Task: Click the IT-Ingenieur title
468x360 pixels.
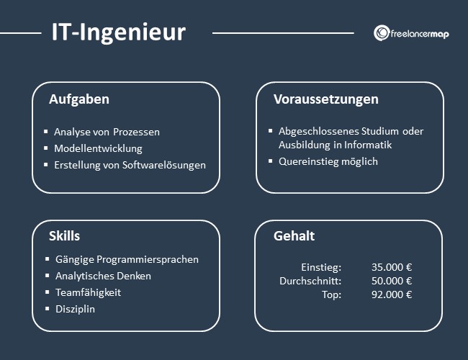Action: pyautogui.click(x=118, y=32)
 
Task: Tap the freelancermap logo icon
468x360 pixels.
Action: pyautogui.click(x=382, y=33)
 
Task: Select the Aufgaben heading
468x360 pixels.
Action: pyautogui.click(x=79, y=99)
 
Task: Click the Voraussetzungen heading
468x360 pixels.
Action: pyautogui.click(x=326, y=99)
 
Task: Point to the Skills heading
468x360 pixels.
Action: pyautogui.click(x=65, y=236)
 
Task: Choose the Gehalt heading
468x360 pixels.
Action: pyautogui.click(x=294, y=236)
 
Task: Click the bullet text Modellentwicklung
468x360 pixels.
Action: pyautogui.click(x=98, y=148)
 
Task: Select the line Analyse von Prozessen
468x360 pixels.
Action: pyautogui.click(x=107, y=132)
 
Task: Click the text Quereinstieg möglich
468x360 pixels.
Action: pyautogui.click(x=328, y=161)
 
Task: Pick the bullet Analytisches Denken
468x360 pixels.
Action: pyautogui.click(x=103, y=276)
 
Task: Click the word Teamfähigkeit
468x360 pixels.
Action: pyautogui.click(x=89, y=292)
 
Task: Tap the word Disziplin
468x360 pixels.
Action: pyautogui.click(x=75, y=309)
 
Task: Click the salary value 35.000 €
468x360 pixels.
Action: pyautogui.click(x=392, y=267)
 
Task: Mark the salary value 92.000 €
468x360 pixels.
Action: pyautogui.click(x=392, y=294)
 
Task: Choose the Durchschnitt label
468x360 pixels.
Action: pyautogui.click(x=310, y=281)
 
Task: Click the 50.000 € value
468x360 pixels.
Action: pyautogui.click(x=392, y=281)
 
